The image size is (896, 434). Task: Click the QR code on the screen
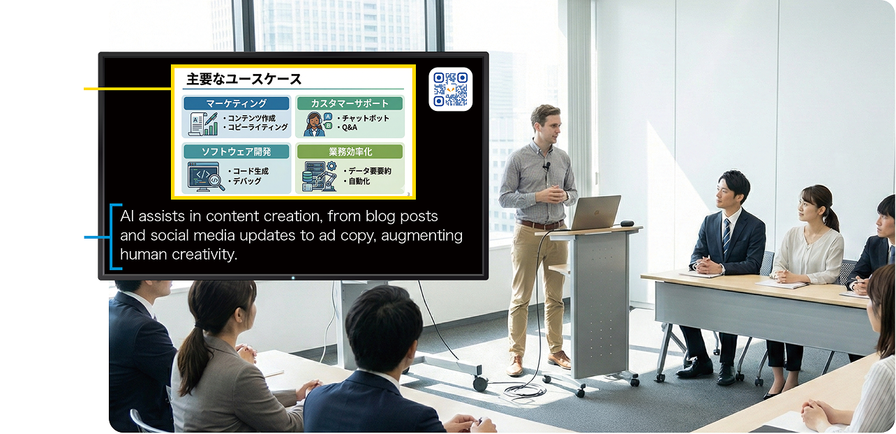pos(450,89)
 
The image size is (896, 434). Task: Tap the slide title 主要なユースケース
pos(244,79)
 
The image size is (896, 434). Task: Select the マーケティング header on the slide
pos(237,103)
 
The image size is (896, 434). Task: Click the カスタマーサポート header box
pos(350,103)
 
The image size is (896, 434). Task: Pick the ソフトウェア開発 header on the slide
pos(237,151)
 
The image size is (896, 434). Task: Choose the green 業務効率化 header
pos(350,151)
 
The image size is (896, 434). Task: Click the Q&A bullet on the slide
pos(348,127)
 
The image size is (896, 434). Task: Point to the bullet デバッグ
pos(245,181)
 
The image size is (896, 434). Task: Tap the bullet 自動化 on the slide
pos(357,181)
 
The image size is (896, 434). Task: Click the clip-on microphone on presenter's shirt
pos(546,165)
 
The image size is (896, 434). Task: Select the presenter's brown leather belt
pos(539,225)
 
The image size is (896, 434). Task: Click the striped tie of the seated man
pos(726,236)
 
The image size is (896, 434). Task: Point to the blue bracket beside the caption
pos(113,237)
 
